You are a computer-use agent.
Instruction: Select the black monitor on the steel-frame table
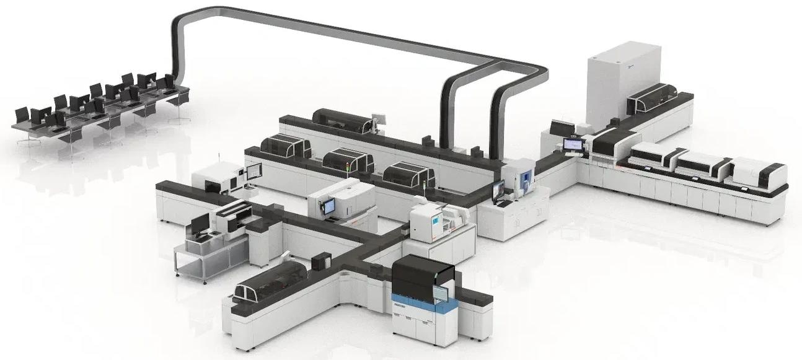pos(200,224)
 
